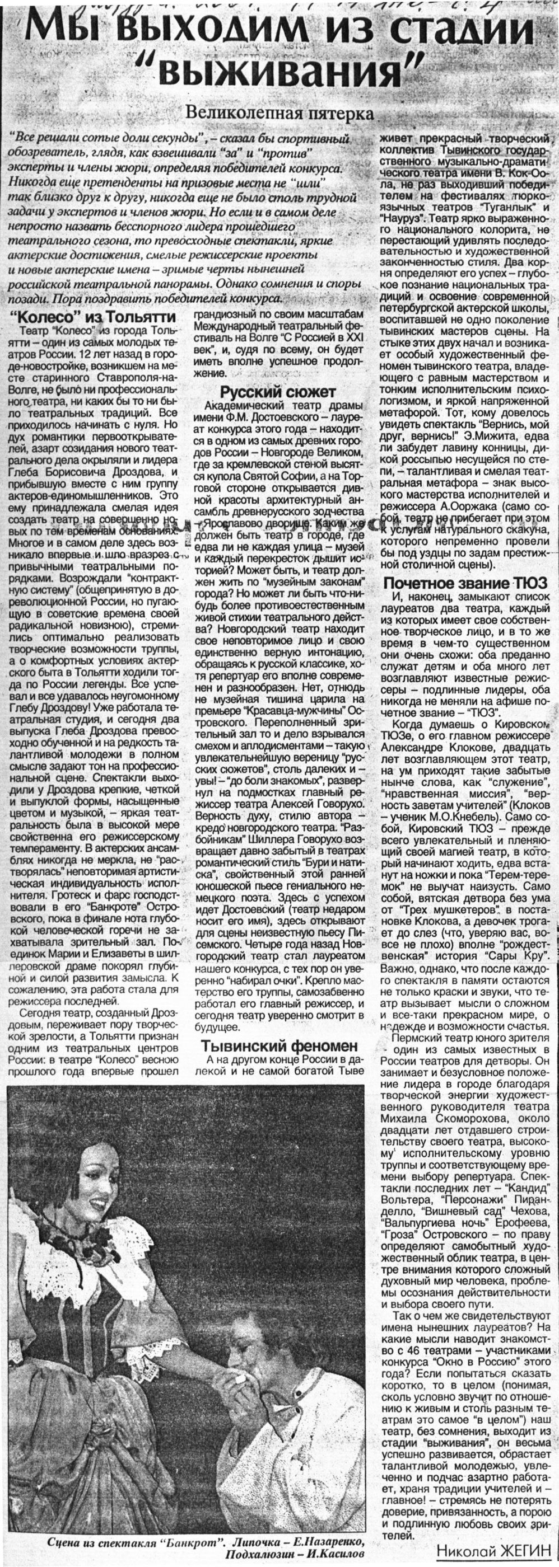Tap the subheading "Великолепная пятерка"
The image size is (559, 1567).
tap(280, 113)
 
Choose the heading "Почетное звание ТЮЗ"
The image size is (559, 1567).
tap(465, 583)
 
